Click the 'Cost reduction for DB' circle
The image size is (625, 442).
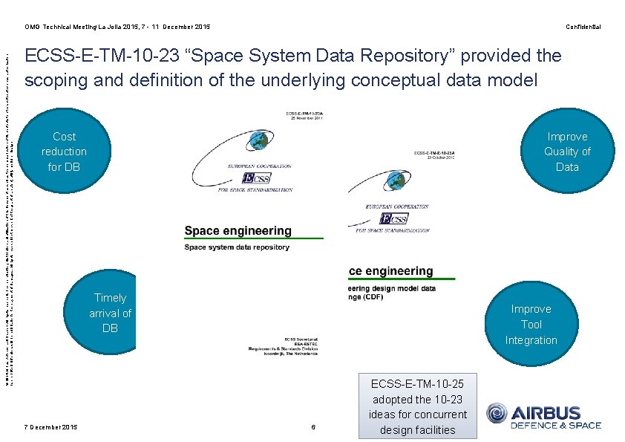tap(65, 152)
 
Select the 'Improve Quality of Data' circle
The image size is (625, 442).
tap(567, 152)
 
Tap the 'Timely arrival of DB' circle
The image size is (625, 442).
tap(110, 313)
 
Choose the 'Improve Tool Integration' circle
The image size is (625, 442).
tap(531, 325)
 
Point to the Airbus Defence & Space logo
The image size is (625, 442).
tap(543, 416)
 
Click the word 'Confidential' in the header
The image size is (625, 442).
tap(583, 27)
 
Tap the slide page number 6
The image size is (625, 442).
tap(313, 426)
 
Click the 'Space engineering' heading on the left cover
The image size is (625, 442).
tap(238, 231)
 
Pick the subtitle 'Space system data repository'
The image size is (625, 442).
tap(237, 247)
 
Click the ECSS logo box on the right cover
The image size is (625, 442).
tap(393, 218)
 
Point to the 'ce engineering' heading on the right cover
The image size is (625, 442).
tap(390, 271)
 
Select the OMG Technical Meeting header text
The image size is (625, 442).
tap(117, 27)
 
